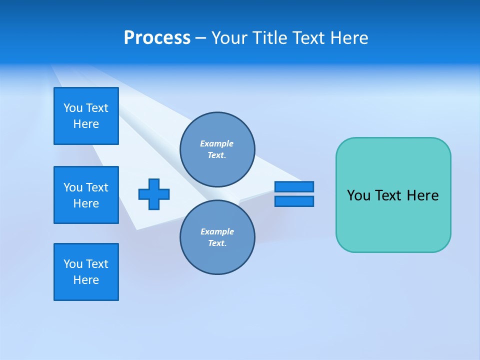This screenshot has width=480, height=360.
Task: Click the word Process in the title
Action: (x=157, y=38)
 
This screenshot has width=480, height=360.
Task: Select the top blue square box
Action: (x=86, y=116)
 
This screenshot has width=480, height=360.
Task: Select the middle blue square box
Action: (x=86, y=195)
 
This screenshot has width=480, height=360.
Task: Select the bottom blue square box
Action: (x=86, y=272)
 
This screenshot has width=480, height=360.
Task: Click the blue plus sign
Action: (x=154, y=194)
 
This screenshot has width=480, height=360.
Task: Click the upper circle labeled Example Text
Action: (x=217, y=149)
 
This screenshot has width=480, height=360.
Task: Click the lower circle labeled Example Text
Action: (x=217, y=237)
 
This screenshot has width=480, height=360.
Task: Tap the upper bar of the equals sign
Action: (x=294, y=186)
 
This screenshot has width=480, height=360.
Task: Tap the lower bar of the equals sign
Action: (x=294, y=201)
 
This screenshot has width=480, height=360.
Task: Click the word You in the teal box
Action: (x=358, y=195)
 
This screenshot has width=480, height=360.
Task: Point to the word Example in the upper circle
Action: (x=217, y=143)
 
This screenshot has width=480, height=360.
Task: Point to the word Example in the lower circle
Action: (x=217, y=231)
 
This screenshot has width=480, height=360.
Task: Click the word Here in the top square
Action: (x=86, y=124)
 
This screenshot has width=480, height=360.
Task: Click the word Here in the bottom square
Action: (x=86, y=280)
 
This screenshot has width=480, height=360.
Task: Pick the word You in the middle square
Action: (x=73, y=187)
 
